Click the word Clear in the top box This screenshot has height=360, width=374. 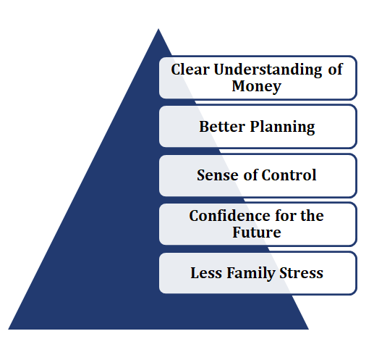pos(190,70)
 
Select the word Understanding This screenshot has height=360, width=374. pos(268,70)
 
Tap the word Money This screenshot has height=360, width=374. pos(256,87)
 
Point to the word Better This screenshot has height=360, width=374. pos(222,126)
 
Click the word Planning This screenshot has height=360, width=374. pos(282,127)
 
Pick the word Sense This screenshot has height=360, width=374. pos(218,175)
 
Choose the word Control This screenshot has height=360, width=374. pos(289,175)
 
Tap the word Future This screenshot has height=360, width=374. pos(257,233)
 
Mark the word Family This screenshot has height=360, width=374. pos(250,274)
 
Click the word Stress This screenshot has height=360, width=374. pos(301,273)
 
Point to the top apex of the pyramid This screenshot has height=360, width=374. pos(158,29)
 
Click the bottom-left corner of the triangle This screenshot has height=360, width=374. pos(9,329)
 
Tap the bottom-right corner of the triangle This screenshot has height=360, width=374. pos(308,329)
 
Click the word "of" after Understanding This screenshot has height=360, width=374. pos(335,70)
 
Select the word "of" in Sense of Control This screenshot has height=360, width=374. pos(250,175)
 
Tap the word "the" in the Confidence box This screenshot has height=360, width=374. pos(312,215)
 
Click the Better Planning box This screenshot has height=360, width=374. pos(258,127)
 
